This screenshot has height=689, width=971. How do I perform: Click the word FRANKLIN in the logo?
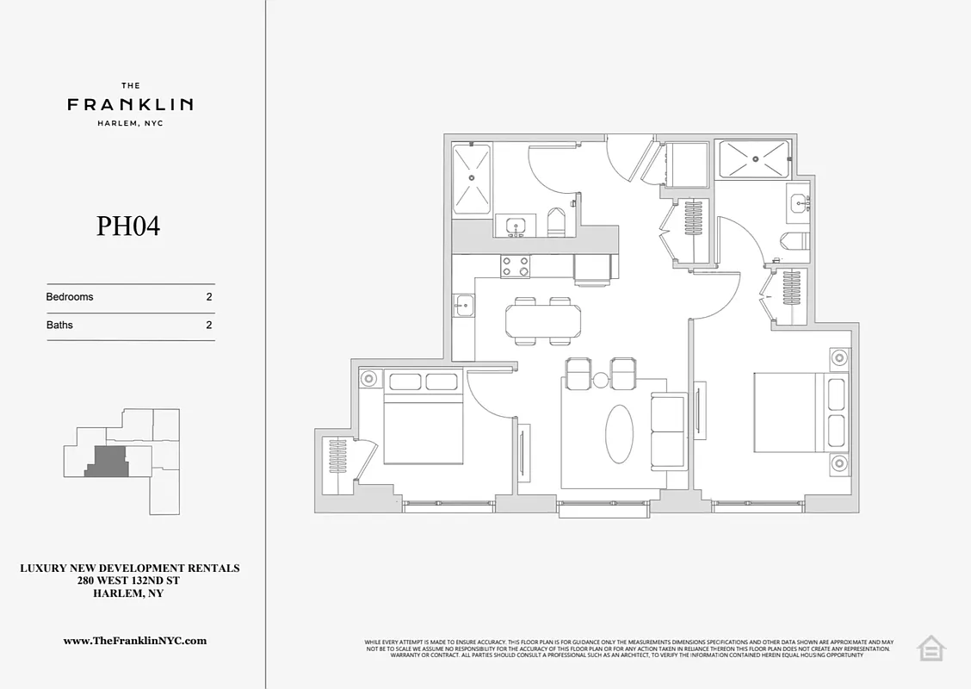pos(130,104)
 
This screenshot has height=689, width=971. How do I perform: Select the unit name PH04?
pos(128,227)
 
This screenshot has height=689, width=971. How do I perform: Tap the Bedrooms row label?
pos(70,297)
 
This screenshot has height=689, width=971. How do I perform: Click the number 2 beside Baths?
pos(209,326)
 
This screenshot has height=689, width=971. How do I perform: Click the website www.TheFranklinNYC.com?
pos(135,641)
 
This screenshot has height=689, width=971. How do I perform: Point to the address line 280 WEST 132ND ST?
pos(129,581)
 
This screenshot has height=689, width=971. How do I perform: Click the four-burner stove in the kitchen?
pos(516,267)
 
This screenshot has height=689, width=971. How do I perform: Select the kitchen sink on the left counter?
pos(463,303)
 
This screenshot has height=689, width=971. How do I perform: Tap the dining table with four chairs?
pos(542,321)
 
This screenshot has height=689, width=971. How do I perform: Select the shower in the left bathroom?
pos(472,178)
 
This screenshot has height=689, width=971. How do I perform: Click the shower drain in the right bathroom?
pos(754,158)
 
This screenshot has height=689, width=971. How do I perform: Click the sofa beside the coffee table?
pos(667,432)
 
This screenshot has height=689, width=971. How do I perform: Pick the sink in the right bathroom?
pos(798,203)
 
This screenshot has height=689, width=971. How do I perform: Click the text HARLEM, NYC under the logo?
pos(130,123)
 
